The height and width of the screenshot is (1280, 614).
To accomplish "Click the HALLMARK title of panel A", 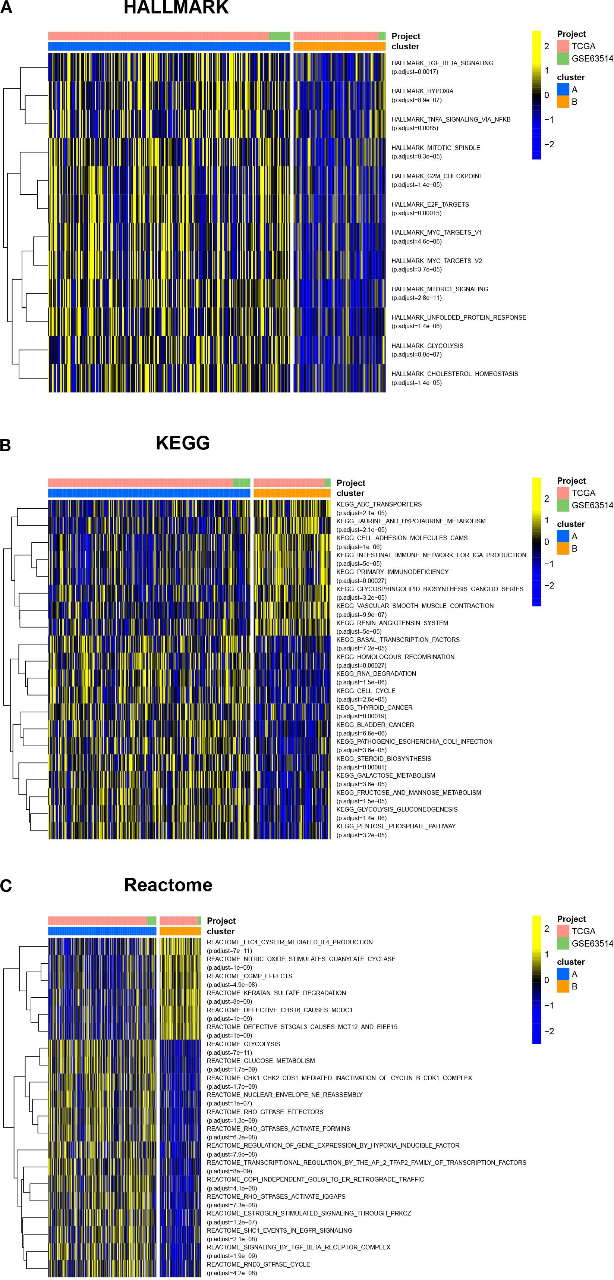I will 176,7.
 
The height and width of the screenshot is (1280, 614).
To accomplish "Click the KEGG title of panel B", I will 182,443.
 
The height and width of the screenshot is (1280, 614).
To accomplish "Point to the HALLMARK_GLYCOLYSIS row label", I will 427,345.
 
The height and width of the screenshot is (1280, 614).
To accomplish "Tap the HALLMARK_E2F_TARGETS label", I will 430,204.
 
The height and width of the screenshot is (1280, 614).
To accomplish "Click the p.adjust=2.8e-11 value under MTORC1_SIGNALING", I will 416,298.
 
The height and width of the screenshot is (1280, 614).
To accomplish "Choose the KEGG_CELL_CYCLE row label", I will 366,691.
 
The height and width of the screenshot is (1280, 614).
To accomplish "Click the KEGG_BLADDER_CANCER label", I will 375,724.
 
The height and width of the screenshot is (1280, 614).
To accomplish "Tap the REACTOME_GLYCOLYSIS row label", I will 243,1044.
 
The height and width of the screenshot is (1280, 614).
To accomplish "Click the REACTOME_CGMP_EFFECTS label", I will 249,976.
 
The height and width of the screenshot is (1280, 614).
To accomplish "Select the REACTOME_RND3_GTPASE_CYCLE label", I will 258,1264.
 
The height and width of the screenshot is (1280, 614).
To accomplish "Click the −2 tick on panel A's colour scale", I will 548,144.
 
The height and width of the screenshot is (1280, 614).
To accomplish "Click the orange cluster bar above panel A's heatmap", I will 339,46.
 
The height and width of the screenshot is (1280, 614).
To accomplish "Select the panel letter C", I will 6,886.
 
